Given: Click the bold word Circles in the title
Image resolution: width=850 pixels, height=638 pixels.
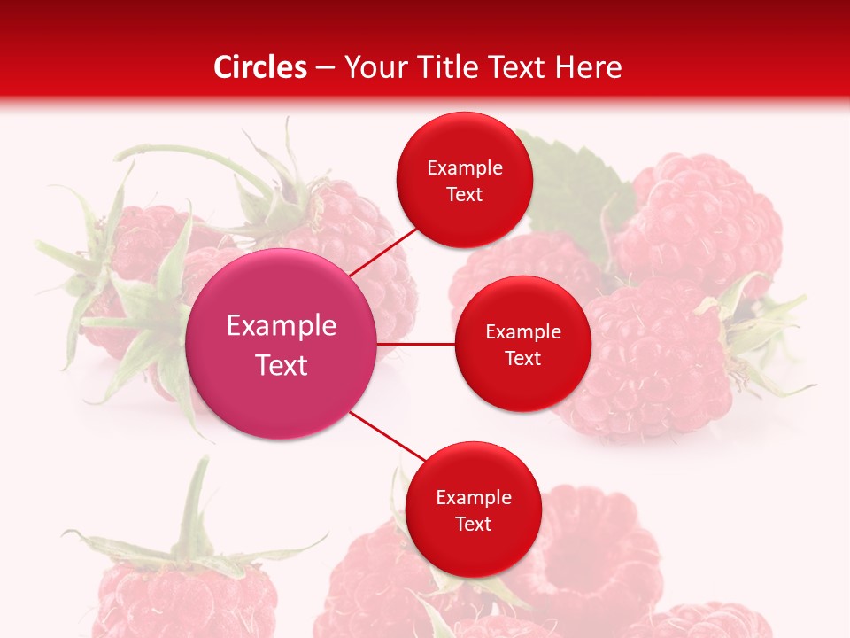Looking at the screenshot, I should click(259, 67).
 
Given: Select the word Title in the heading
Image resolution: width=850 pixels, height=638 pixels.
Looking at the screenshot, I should click(452, 67).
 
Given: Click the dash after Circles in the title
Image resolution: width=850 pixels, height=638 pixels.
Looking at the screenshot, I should click(325, 68).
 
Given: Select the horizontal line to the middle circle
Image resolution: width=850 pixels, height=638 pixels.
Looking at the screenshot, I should click(416, 344).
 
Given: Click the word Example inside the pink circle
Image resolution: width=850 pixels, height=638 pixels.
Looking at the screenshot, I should click(282, 326).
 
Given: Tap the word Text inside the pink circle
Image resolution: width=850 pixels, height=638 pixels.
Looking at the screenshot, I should click(282, 365).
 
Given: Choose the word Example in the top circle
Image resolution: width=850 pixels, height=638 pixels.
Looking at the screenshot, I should click(464, 168).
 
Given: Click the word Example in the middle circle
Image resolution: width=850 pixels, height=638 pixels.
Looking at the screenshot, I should click(522, 332).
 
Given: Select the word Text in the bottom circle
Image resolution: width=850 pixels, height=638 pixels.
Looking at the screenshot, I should click(473, 524).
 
